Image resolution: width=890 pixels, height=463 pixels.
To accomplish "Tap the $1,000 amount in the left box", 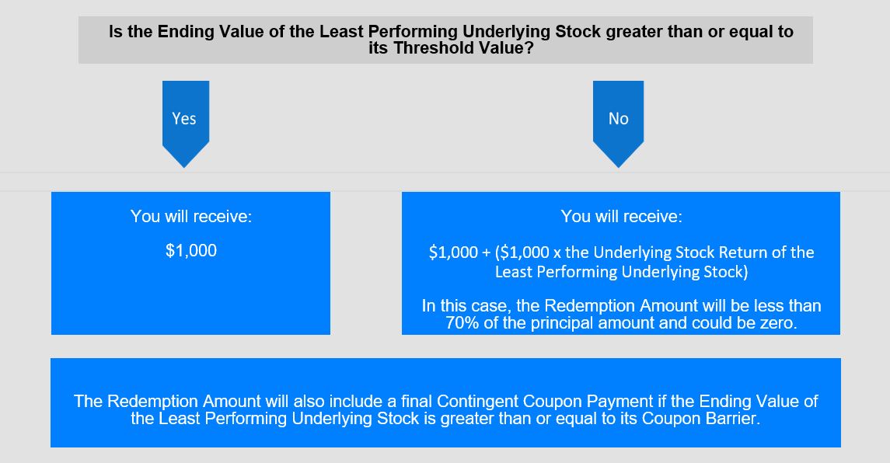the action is (191, 251).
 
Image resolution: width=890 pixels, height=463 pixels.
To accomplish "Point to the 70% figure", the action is (458, 323).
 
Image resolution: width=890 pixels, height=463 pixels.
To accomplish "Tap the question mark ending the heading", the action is (529, 48).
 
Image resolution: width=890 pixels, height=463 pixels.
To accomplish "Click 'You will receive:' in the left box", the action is (191, 216).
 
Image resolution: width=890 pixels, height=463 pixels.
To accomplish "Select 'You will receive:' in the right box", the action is (622, 216).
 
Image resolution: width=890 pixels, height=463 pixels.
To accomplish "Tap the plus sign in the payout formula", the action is (486, 252).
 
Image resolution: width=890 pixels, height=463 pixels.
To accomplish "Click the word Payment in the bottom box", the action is (620, 402).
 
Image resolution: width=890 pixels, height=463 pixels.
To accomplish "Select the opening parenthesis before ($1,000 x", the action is (497, 252).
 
